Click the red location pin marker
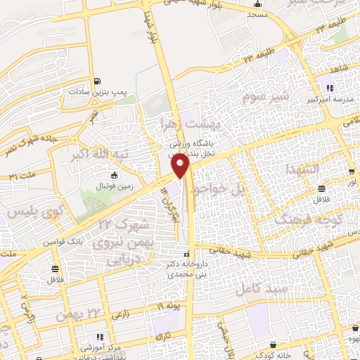click(181, 166)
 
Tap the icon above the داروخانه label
click(186, 255)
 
